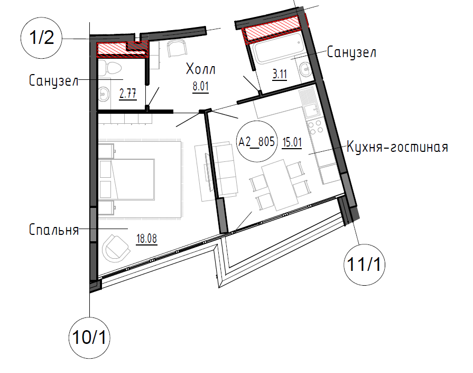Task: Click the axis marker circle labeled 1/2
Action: coord(41,38)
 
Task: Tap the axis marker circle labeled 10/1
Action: coord(90,338)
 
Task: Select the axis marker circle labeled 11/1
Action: coord(365,265)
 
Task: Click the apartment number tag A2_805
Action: coord(256,141)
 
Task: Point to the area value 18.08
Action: coord(146,239)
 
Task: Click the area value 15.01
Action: coord(292,142)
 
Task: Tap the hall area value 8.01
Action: coord(201,86)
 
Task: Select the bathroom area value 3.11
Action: coord(280,74)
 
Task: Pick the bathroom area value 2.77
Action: coord(127,94)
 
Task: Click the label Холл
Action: coord(201,69)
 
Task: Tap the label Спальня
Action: coord(54,230)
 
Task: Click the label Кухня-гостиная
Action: coord(397,147)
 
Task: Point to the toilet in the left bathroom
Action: coord(110,68)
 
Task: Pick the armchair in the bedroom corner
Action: coord(116,247)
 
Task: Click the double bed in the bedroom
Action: coord(126,179)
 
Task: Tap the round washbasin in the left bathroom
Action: coord(104,94)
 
